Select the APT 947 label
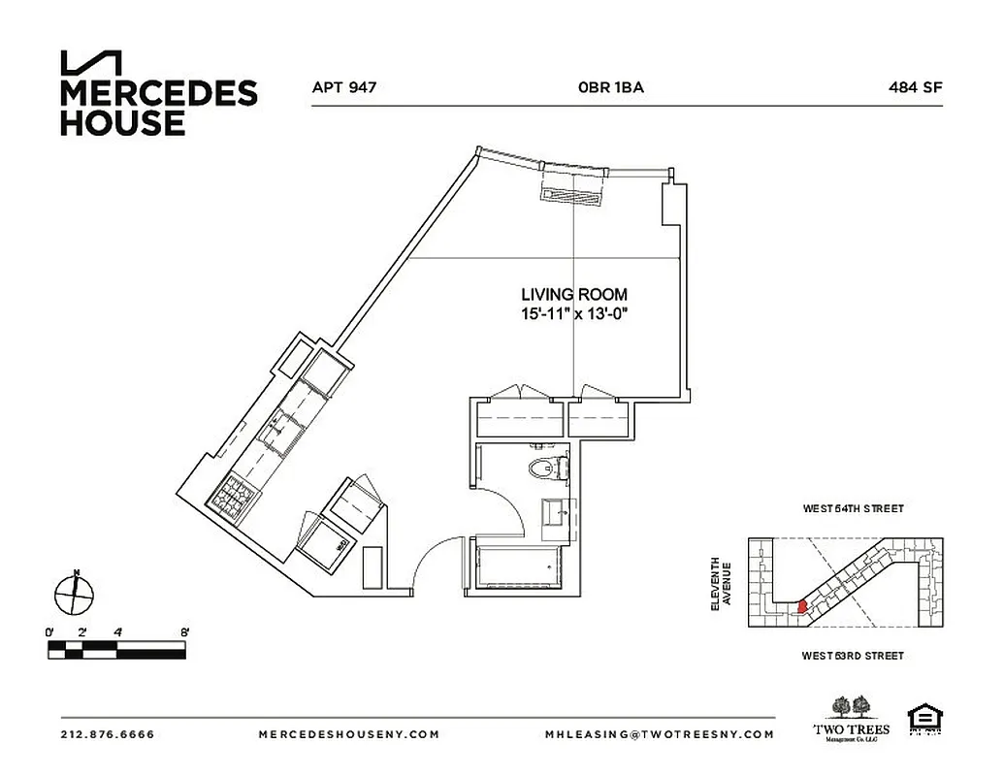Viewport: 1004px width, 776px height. point(343,86)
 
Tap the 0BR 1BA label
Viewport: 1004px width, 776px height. point(610,86)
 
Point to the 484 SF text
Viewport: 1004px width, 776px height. point(915,86)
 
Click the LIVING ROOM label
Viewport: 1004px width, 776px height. point(573,294)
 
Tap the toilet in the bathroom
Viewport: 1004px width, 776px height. point(546,469)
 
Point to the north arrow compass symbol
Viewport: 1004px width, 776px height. point(74,592)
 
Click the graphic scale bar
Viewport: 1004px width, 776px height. point(117,649)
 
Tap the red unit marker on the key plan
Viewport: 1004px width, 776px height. point(801,606)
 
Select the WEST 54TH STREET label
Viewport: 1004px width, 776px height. point(853,508)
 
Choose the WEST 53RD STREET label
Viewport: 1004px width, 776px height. point(853,657)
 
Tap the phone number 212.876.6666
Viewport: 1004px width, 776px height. point(107,734)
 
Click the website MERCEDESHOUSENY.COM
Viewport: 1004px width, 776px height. point(349,734)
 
